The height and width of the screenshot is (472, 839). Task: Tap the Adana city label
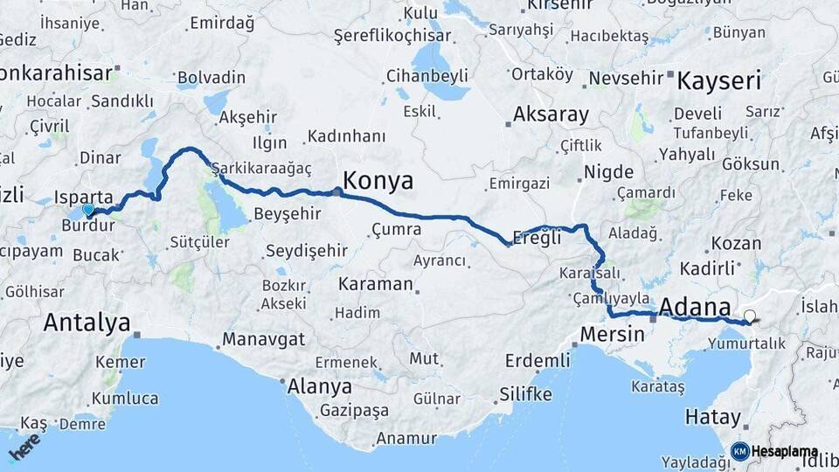(x=696, y=307)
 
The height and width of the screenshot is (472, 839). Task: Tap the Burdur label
(x=88, y=225)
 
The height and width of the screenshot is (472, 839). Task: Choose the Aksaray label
(x=551, y=114)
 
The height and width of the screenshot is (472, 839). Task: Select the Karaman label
(x=375, y=284)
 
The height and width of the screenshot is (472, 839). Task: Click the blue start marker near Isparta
(x=87, y=210)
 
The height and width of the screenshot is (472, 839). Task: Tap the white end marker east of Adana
(x=749, y=316)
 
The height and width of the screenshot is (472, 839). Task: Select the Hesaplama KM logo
(x=774, y=451)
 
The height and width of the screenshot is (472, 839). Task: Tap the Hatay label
(x=713, y=416)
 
